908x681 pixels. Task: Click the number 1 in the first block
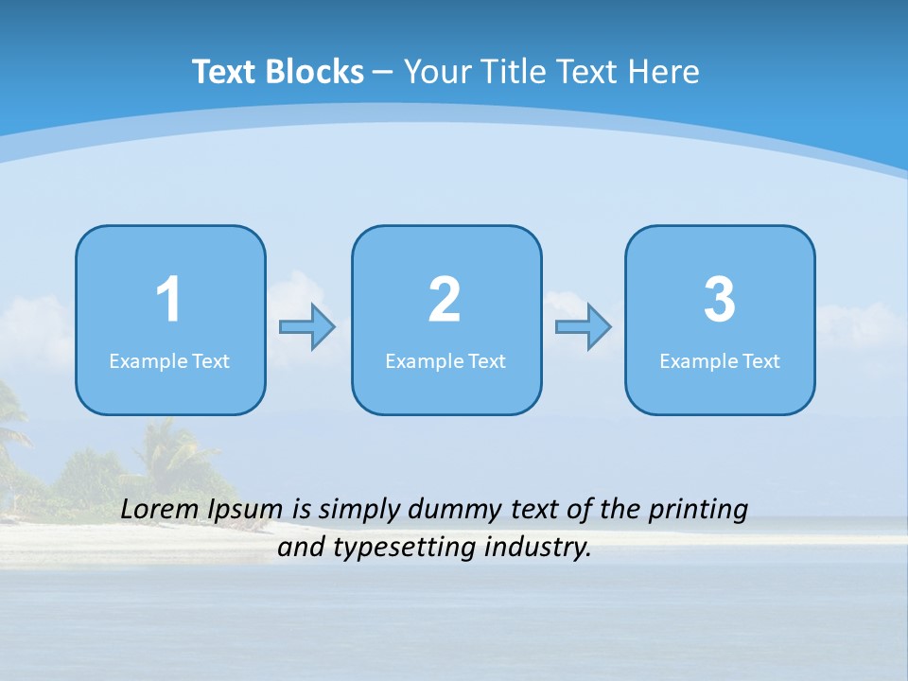coord(168,300)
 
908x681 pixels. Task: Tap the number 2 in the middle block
coord(445,300)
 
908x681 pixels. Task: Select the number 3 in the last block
coord(720,300)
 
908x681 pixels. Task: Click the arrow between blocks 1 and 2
coord(307,327)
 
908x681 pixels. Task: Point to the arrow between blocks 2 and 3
coord(584,327)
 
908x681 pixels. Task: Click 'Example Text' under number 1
coord(169,361)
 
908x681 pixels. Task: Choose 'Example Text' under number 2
coord(445,361)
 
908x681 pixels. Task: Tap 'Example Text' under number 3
coord(720,361)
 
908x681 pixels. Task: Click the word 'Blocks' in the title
coord(315,72)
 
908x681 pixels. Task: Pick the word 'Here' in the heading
coord(665,72)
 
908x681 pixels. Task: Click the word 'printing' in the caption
coord(698,511)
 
